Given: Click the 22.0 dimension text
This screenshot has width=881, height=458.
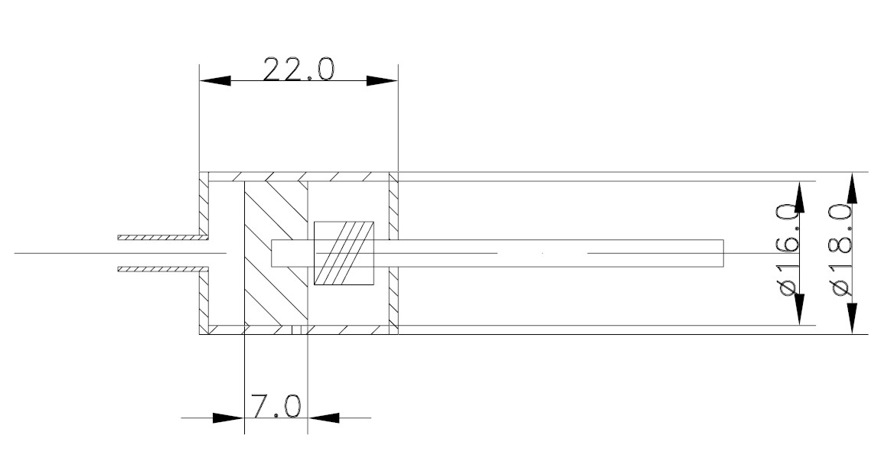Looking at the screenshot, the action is [x=299, y=69].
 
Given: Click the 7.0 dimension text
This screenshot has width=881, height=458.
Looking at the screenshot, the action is [x=276, y=406].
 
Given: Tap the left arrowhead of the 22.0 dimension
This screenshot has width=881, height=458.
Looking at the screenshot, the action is [x=215, y=81].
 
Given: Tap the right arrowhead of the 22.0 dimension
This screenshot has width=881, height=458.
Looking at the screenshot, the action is [x=382, y=81].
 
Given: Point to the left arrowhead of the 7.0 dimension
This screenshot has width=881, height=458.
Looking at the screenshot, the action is [x=229, y=417].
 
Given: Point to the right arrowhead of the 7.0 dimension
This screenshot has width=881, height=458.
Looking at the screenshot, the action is [x=324, y=417].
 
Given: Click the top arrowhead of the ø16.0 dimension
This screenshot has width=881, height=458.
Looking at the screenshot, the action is [x=800, y=197].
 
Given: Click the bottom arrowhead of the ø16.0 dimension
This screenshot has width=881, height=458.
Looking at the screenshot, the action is [x=800, y=309].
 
